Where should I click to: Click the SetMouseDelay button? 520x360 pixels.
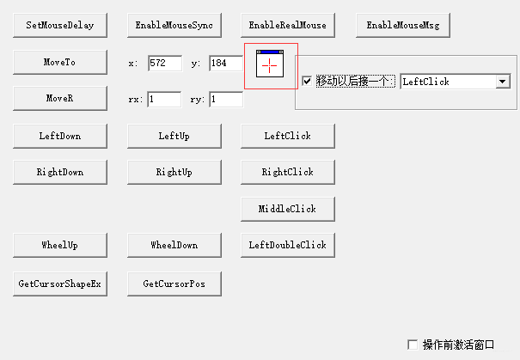pyautogui.click(x=60, y=26)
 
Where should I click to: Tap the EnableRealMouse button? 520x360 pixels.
pyautogui.click(x=288, y=26)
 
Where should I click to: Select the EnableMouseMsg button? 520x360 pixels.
pyautogui.click(x=403, y=26)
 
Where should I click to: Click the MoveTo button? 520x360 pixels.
pyautogui.click(x=60, y=63)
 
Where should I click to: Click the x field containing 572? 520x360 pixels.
pyautogui.click(x=164, y=63)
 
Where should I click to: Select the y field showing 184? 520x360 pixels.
pyautogui.click(x=226, y=63)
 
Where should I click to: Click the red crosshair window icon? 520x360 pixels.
pyautogui.click(x=271, y=66)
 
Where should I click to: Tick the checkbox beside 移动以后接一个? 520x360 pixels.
pyautogui.click(x=307, y=82)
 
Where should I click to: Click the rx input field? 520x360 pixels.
pyautogui.click(x=164, y=100)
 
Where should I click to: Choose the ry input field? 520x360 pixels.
pyautogui.click(x=226, y=100)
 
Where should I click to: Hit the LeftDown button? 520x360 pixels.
pyautogui.click(x=60, y=136)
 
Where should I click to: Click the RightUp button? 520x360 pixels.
pyautogui.click(x=174, y=172)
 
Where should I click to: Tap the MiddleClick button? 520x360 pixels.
pyautogui.click(x=288, y=209)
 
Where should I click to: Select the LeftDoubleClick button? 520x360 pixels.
pyautogui.click(x=288, y=245)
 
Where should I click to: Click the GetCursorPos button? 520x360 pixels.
pyautogui.click(x=174, y=284)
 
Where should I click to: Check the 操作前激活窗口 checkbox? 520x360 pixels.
pyautogui.click(x=413, y=345)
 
